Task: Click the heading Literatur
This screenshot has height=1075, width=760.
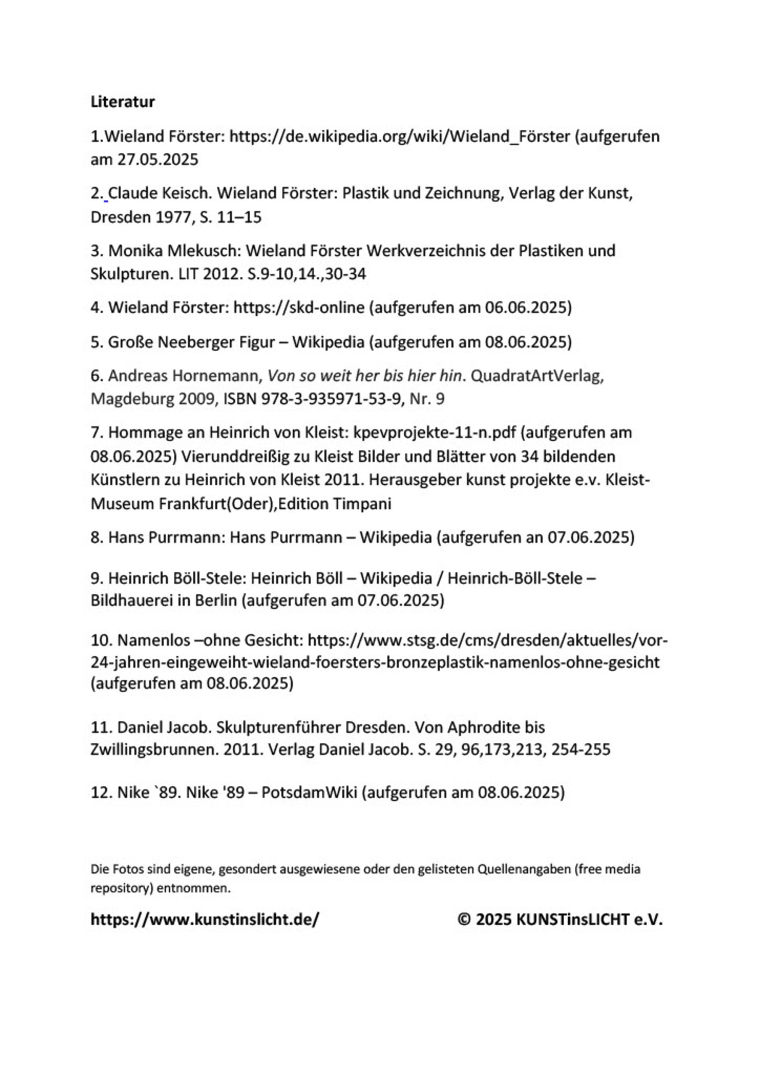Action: click(123, 102)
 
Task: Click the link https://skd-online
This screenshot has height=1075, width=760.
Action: click(298, 308)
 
